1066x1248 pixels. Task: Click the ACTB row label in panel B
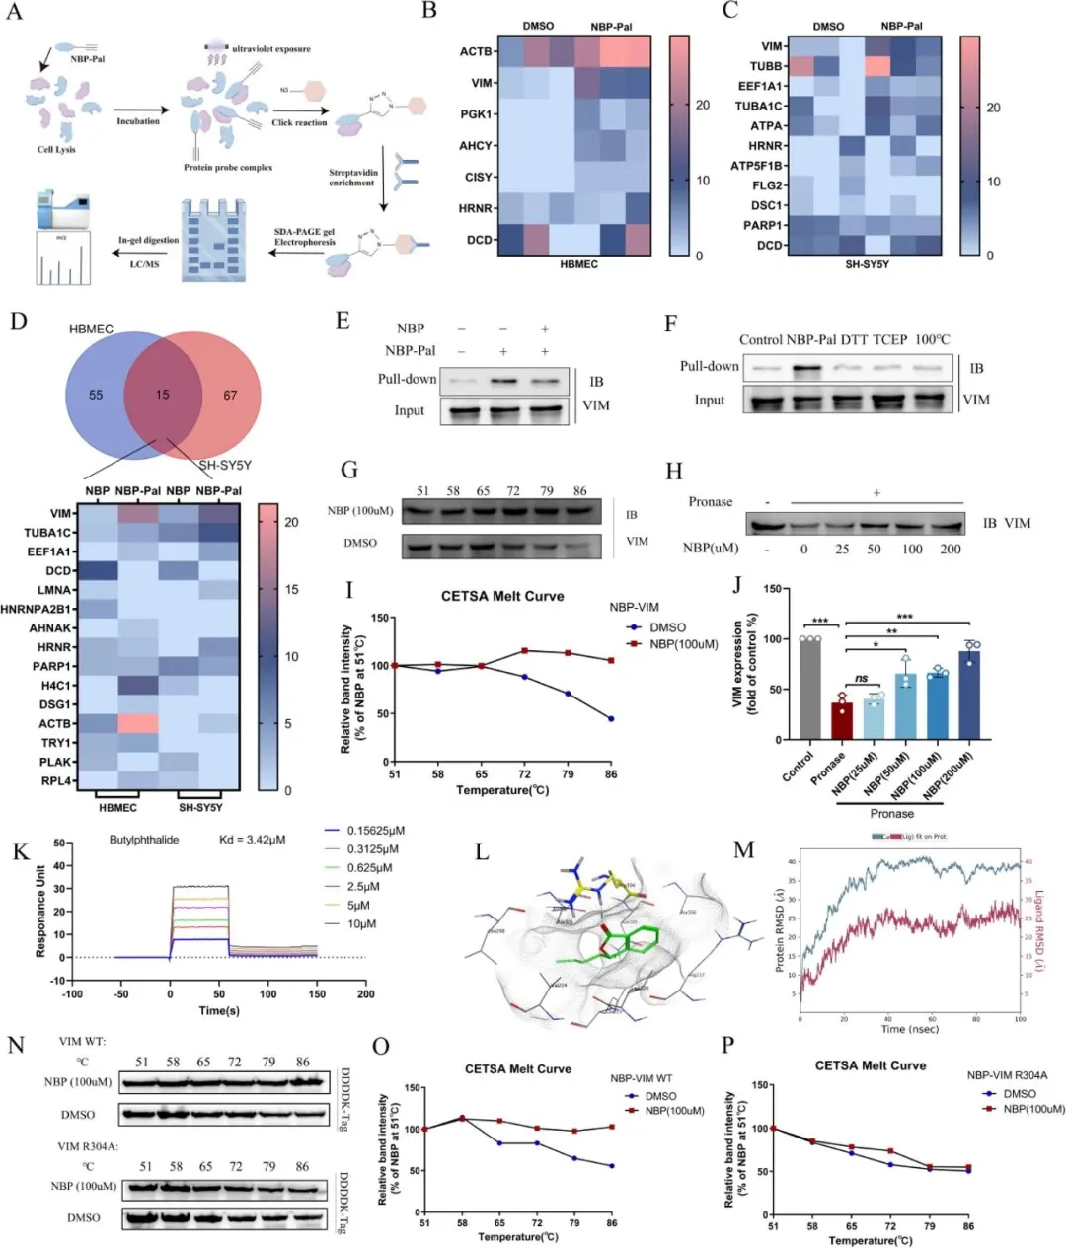click(x=475, y=51)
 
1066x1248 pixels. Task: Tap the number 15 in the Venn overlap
click(x=162, y=395)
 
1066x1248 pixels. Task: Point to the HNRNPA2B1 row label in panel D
click(x=40, y=609)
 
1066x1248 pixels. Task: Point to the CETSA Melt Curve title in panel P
click(x=871, y=1065)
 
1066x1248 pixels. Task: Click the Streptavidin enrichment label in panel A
click(x=351, y=177)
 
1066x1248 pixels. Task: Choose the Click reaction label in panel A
click(x=299, y=122)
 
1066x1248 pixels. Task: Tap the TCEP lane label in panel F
click(x=889, y=339)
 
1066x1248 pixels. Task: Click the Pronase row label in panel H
click(x=711, y=501)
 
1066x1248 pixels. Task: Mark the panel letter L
click(x=483, y=851)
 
